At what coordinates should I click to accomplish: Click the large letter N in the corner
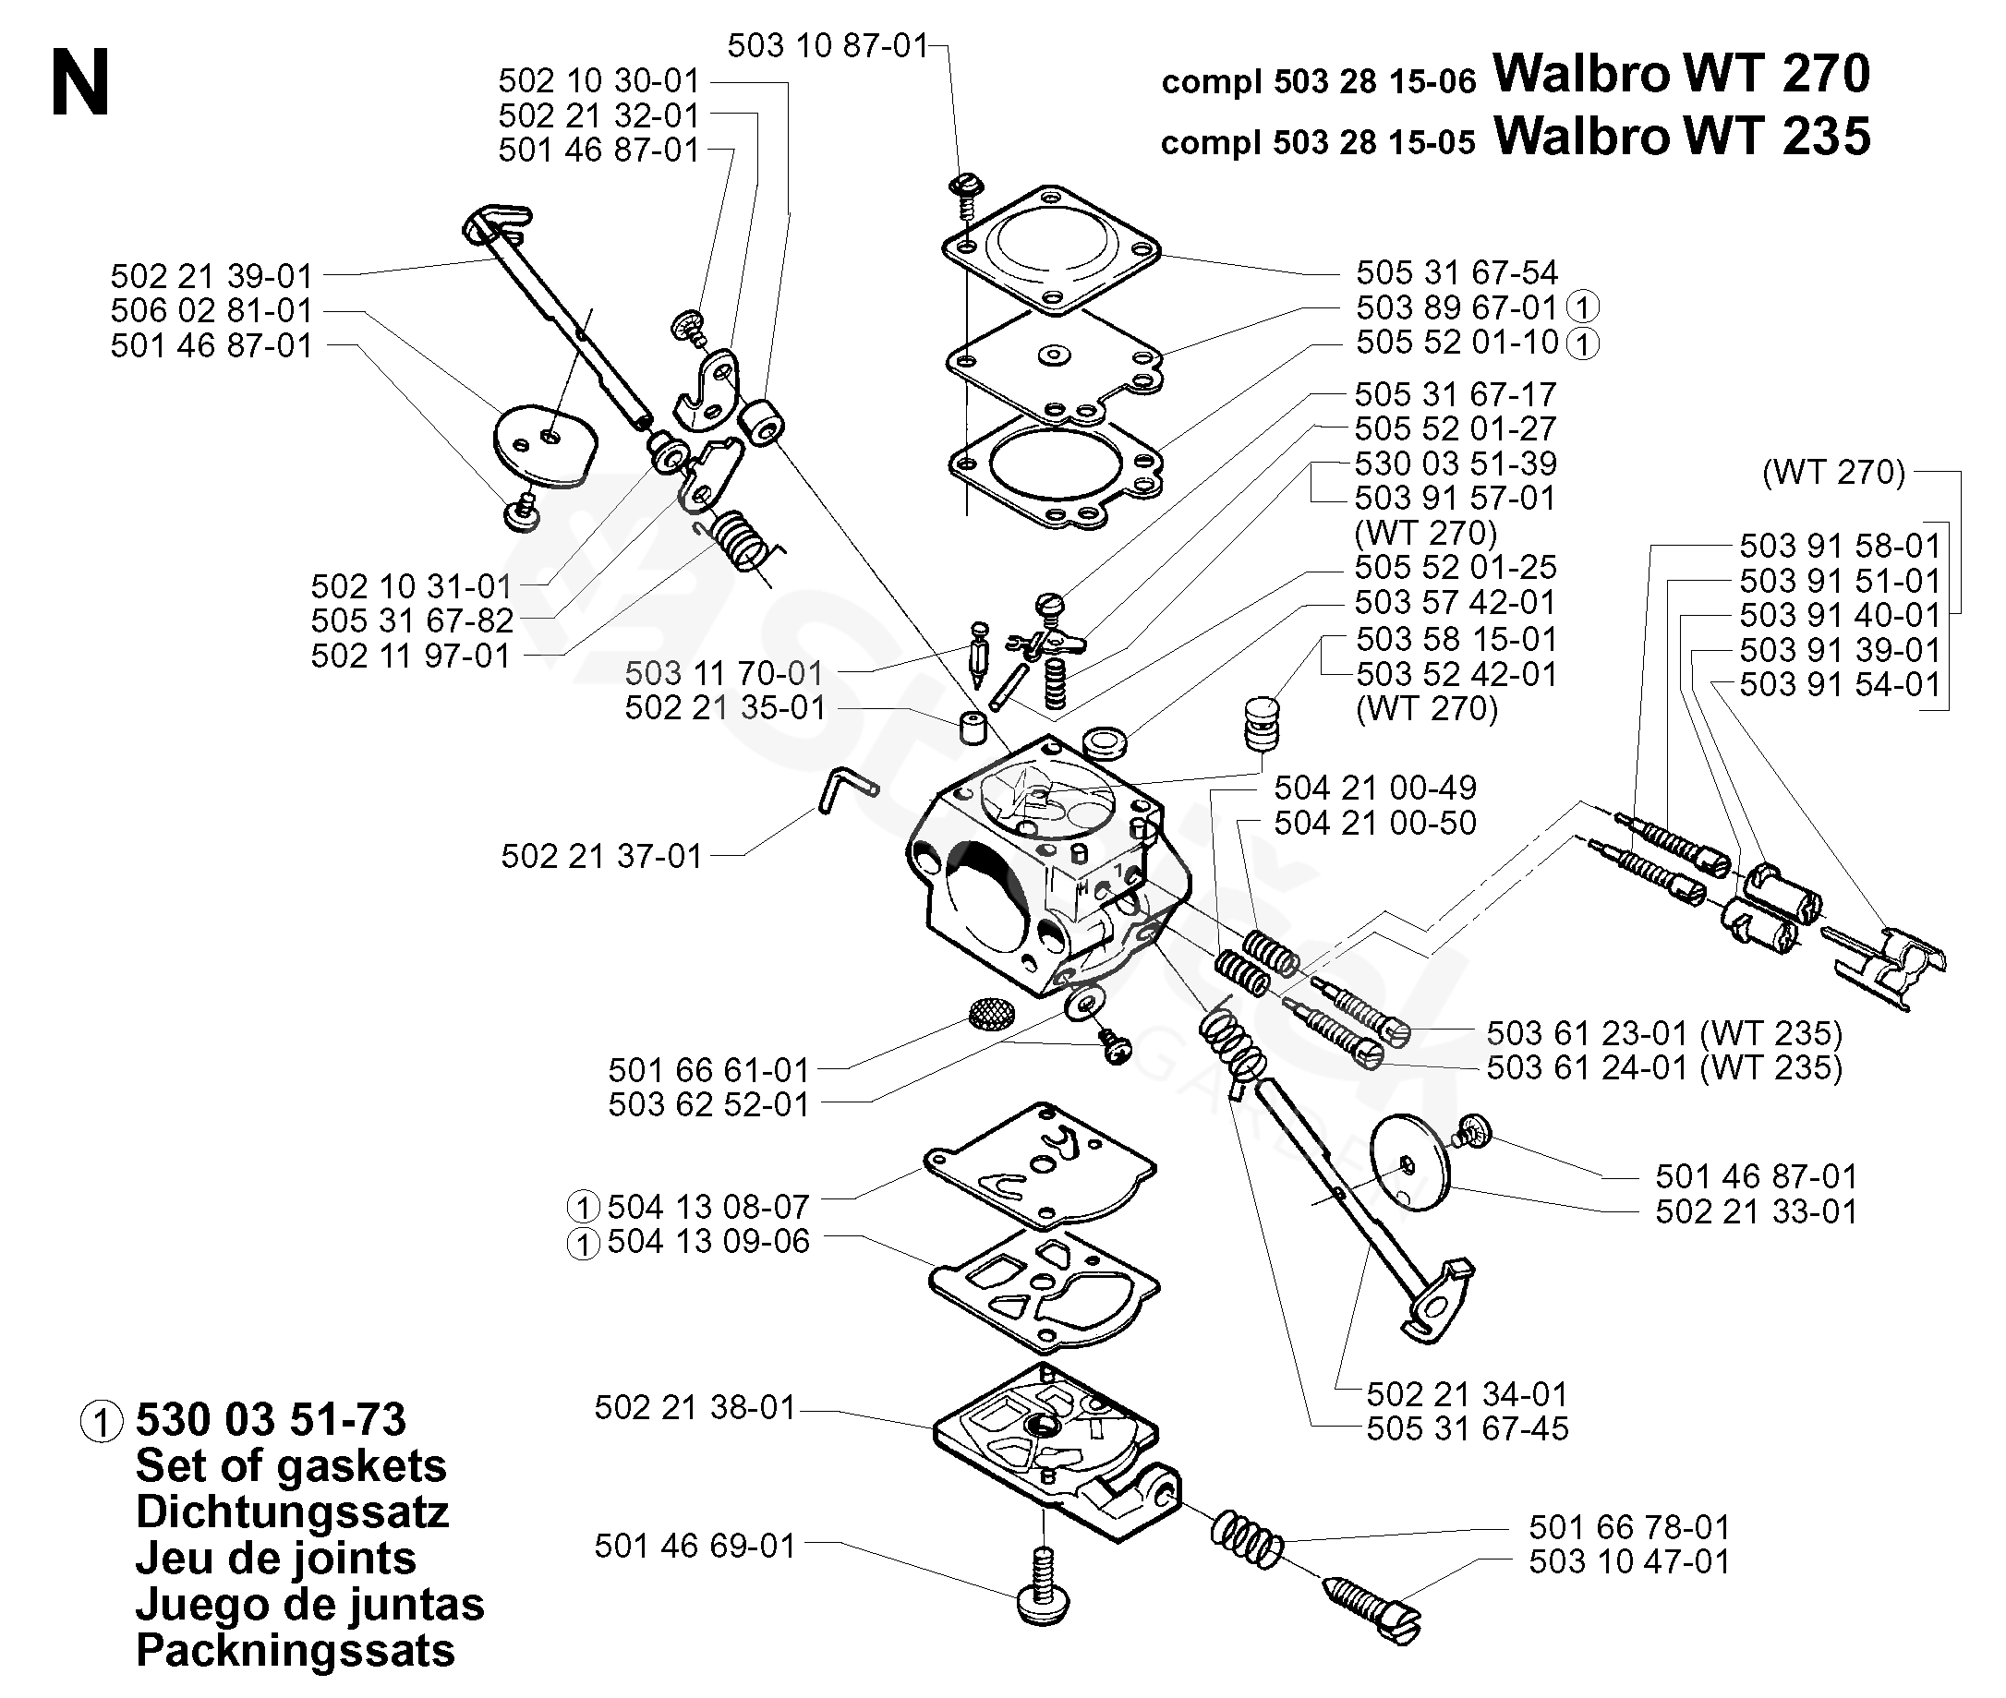coord(81,84)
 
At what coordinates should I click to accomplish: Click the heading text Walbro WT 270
coord(1681,72)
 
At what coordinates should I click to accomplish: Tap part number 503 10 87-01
coord(828,45)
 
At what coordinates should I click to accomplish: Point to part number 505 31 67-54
coord(1456,272)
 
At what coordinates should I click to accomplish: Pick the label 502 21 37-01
coord(601,856)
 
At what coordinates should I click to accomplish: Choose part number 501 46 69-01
coord(695,1545)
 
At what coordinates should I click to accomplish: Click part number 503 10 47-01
coord(1629,1560)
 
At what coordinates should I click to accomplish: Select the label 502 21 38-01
coord(695,1407)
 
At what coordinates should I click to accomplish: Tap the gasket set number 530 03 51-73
coord(272,1420)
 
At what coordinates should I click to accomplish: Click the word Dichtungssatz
coord(292,1512)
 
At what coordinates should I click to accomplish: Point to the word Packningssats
coord(296,1650)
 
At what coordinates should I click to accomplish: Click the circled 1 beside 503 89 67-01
coord(1582,307)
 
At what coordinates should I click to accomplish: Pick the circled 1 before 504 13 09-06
coord(583,1245)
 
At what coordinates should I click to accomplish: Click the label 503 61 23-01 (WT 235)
coord(1664,1033)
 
